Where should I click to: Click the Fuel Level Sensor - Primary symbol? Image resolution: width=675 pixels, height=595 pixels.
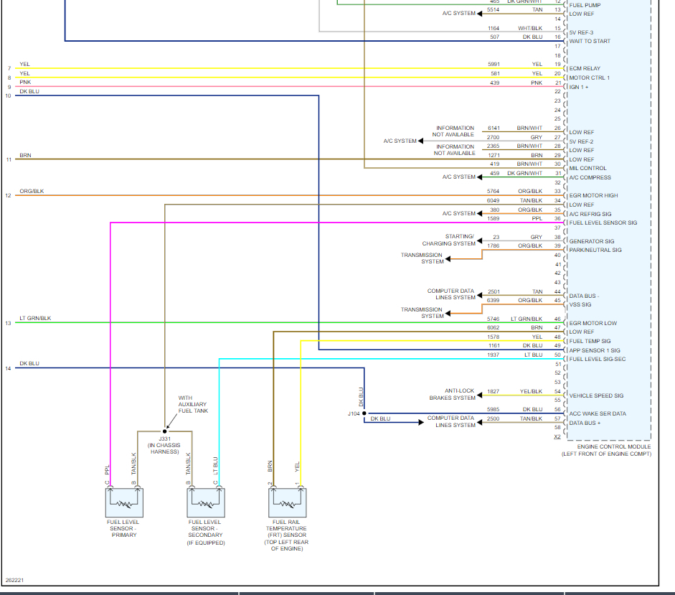[x=124, y=502]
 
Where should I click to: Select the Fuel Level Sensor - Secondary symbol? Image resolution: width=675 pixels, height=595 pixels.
[x=205, y=502]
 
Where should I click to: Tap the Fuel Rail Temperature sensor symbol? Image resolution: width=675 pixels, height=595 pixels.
[x=287, y=502]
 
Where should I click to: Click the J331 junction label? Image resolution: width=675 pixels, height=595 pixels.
[x=164, y=439]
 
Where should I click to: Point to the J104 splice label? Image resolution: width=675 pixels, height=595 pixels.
[x=353, y=413]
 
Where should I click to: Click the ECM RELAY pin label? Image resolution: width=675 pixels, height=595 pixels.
[x=585, y=69]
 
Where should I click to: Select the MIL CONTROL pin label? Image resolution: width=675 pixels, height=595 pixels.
[x=587, y=168]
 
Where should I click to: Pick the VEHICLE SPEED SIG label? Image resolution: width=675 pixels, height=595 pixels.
[x=596, y=395]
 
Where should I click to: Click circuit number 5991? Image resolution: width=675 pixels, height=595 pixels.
[x=494, y=64]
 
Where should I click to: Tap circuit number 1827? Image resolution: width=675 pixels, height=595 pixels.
[x=494, y=391]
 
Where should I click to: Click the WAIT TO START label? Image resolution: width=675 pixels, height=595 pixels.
[x=590, y=41]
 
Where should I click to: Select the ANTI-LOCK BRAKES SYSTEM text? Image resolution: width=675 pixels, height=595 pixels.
[x=452, y=394]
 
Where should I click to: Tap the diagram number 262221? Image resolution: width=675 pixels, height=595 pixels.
[x=14, y=580]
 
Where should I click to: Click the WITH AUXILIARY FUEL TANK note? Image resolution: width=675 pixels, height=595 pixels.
[x=193, y=404]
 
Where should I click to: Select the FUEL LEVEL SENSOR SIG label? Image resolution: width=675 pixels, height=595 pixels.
[x=603, y=222]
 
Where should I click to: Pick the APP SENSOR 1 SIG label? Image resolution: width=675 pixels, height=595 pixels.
[x=595, y=350]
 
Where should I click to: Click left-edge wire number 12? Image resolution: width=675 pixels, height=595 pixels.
[x=9, y=196]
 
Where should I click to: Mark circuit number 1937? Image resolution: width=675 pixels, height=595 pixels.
[x=494, y=355]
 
